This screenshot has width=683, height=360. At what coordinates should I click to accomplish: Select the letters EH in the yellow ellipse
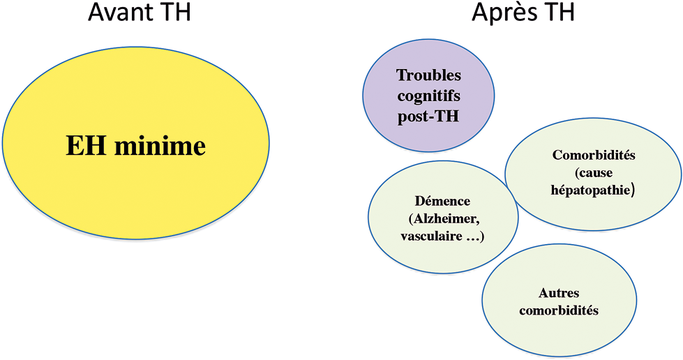pos(86,146)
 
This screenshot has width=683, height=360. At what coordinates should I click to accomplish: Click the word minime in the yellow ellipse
pos(160,146)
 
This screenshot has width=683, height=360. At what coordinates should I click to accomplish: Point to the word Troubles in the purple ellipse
pos(428,75)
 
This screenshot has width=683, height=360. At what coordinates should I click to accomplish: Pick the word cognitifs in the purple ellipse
pos(428,96)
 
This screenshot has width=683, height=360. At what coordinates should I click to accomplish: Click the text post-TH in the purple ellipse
pos(428,117)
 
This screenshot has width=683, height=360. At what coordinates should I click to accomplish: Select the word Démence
pos(442,201)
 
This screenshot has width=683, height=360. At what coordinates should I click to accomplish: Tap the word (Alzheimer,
pos(444,219)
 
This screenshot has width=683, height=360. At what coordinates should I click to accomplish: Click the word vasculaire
pos(432,237)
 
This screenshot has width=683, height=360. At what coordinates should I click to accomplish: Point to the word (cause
pos(593,172)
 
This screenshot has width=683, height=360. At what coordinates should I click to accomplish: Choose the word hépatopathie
pos(591,190)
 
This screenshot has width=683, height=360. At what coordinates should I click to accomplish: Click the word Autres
pos(559,293)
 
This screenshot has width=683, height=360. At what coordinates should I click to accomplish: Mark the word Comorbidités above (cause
pos(594,155)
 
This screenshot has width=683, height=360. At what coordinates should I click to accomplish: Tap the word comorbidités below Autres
pos(559,310)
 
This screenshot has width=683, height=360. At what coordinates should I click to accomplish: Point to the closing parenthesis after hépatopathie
pos(633,190)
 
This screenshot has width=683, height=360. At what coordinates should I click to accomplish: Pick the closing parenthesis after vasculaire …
pos(482,237)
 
